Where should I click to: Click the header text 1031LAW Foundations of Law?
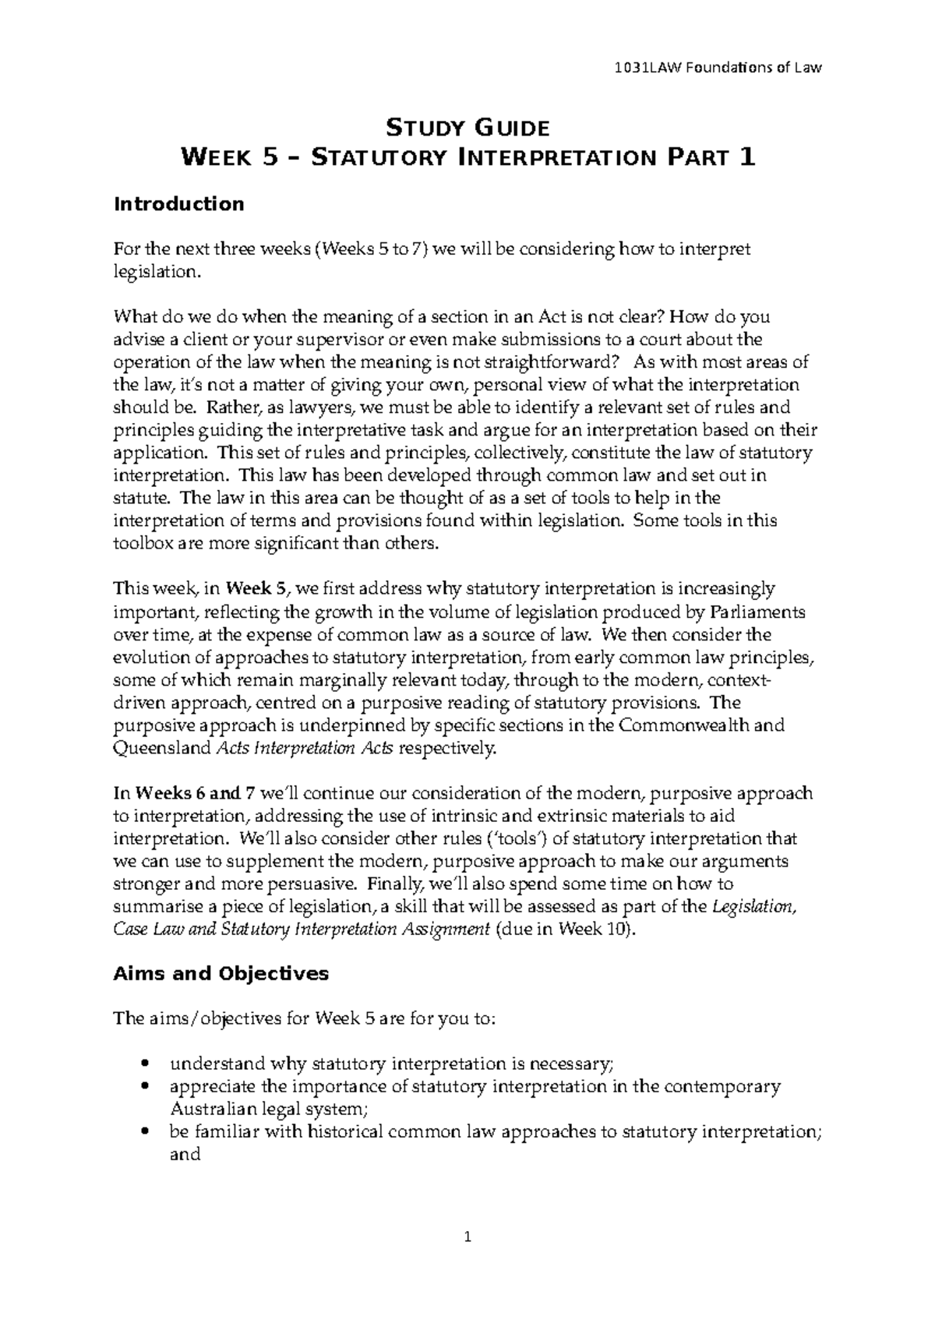718,68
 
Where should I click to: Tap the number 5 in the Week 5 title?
269,158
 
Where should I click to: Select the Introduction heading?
178,204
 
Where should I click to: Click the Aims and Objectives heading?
221,973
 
